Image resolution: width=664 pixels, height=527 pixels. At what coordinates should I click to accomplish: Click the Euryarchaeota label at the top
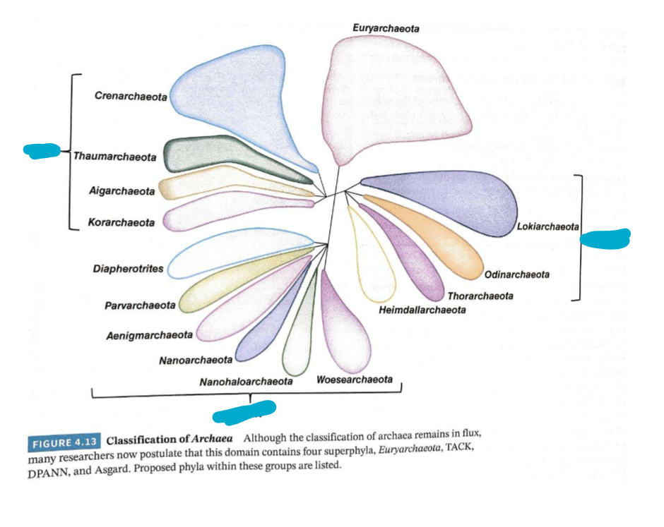click(386, 28)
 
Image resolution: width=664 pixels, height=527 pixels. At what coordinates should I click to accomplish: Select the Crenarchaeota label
click(131, 96)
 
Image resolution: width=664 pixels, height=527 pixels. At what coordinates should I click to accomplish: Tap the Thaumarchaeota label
click(115, 157)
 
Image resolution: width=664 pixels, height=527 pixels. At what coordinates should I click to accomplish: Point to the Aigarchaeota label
click(121, 191)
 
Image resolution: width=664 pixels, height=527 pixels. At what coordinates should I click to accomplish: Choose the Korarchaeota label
click(121, 223)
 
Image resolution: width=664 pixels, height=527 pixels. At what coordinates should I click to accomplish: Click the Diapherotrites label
click(129, 269)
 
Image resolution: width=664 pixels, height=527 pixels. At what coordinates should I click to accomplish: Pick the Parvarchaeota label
click(140, 305)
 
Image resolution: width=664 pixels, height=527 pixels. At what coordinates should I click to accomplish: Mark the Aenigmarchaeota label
click(149, 334)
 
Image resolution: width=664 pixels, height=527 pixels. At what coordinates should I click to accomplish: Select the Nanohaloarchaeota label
click(246, 382)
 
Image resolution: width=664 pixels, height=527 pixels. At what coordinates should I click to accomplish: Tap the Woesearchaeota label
click(355, 380)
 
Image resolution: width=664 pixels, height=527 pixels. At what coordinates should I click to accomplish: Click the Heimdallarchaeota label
click(422, 310)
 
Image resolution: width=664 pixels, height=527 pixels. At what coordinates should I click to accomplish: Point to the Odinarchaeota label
click(517, 274)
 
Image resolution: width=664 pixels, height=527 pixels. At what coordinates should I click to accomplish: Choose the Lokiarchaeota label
click(547, 226)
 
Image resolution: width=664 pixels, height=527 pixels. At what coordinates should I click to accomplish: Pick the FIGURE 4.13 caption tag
click(64, 443)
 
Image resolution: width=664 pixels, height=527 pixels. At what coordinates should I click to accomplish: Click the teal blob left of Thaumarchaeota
click(42, 150)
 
